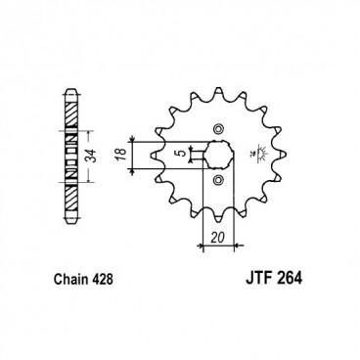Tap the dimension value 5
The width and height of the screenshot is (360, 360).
point(176,154)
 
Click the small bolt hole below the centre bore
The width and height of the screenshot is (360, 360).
point(217,181)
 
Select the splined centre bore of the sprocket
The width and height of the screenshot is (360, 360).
point(216,155)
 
